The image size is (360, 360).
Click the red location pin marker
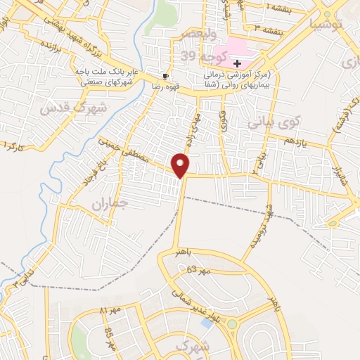click(x=181, y=165)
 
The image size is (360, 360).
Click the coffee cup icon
click(x=165, y=76)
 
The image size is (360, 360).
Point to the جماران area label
click(x=107, y=205)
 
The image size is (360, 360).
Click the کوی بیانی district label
click(x=274, y=122)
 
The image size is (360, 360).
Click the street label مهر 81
click(x=110, y=309)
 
